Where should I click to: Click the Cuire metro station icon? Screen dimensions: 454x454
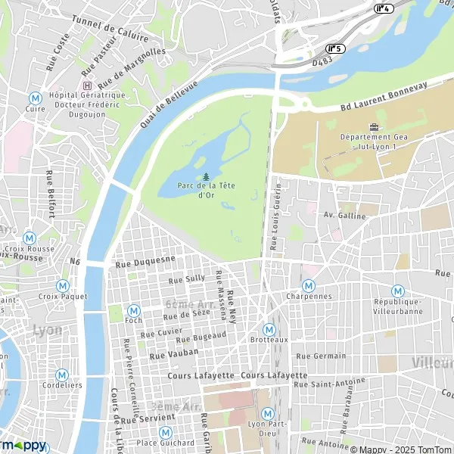pyautogui.click(x=35, y=98)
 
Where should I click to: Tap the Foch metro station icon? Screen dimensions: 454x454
pyautogui.click(x=134, y=310)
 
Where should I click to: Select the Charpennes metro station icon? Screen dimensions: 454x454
pyautogui.click(x=309, y=285)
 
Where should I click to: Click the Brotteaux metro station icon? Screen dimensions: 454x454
pyautogui.click(x=269, y=330)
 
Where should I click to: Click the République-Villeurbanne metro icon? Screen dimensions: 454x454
pyautogui.click(x=397, y=291)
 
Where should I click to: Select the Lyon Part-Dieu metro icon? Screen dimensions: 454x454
pyautogui.click(x=267, y=413)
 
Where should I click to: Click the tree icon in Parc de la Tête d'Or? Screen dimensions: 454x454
pyautogui.click(x=206, y=177)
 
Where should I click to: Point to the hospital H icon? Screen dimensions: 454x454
pyautogui.click(x=87, y=85)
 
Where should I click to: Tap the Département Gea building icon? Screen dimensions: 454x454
pyautogui.click(x=373, y=126)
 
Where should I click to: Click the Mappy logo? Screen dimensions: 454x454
pyautogui.click(x=23, y=445)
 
